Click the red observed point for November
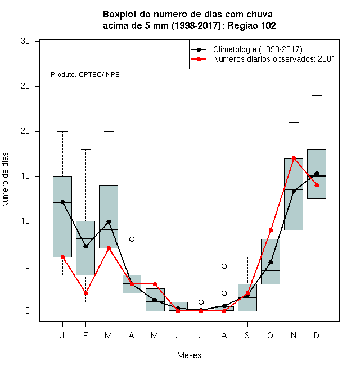pyautogui.click(x=294, y=158)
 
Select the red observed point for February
pyautogui.click(x=85, y=293)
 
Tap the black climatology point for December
pyautogui.click(x=317, y=174)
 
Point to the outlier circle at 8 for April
pyautogui.click(x=132, y=239)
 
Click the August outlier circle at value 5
pyautogui.click(x=224, y=266)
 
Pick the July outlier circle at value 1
pyautogui.click(x=201, y=302)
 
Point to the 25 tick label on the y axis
pyautogui.click(x=25, y=86)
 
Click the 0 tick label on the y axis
pyautogui.click(x=28, y=311)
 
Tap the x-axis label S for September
pyautogui.click(x=247, y=335)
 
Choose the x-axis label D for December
pyautogui.click(x=317, y=335)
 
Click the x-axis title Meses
pyautogui.click(x=189, y=355)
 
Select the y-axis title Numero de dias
pyautogui.click(x=5, y=180)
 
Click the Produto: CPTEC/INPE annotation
pyautogui.click(x=85, y=75)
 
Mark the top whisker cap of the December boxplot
pyautogui.click(x=317, y=95)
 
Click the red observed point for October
pyautogui.click(x=271, y=230)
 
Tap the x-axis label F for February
pyautogui.click(x=85, y=335)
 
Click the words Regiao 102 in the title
pyautogui.click(x=251, y=25)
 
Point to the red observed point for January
pyautogui.click(x=62, y=257)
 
